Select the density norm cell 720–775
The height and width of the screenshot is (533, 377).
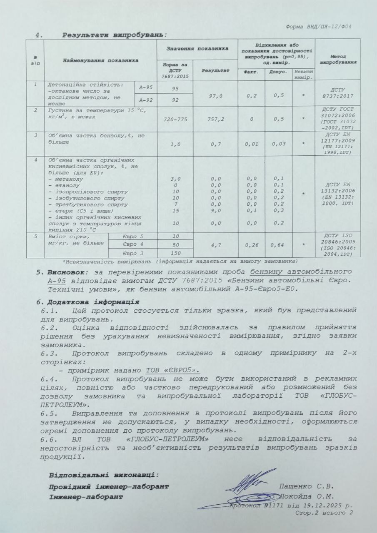tap(175, 119)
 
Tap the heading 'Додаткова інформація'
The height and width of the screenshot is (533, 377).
tap(93, 301)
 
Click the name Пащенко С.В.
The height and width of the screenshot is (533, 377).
tap(307, 486)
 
